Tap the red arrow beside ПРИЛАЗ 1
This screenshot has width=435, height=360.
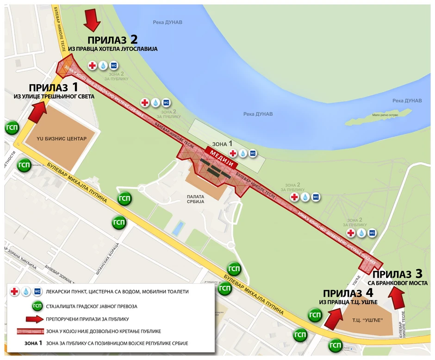tap(37, 112)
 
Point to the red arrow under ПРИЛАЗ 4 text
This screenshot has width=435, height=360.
tap(333, 318)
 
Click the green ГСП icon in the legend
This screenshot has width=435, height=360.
tap(37, 305)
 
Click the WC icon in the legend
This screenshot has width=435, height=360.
tap(37, 292)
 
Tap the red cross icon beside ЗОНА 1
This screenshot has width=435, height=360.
tap(233, 153)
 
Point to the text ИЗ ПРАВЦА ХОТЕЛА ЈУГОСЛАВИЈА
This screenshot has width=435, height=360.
tap(113, 49)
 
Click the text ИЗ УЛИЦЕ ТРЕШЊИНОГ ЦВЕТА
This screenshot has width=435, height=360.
tap(54, 96)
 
